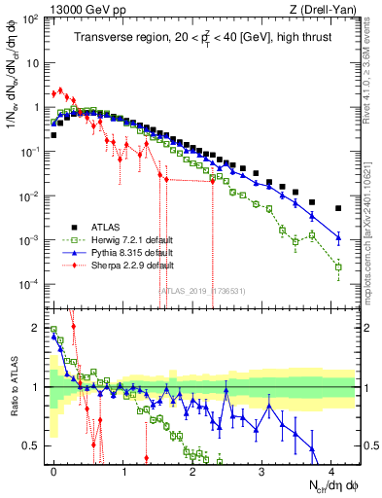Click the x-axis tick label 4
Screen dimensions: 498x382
coord(331,470)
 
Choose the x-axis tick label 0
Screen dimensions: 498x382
coord(54,470)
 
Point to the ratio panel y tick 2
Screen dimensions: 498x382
coord(35,327)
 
